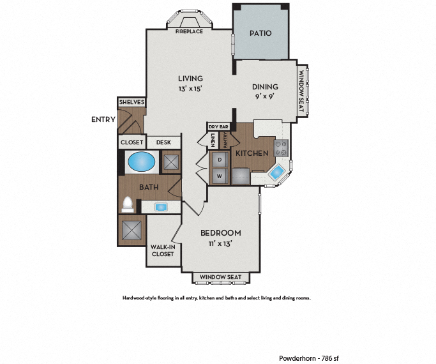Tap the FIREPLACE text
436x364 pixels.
click(190, 31)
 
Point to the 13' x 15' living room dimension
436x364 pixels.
click(191, 89)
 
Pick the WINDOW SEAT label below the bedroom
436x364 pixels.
click(220, 277)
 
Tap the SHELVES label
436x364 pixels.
click(132, 102)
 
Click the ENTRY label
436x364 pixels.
click(103, 119)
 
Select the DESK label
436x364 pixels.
click(163, 142)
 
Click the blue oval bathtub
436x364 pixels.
click(142, 162)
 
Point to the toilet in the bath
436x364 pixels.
click(128, 204)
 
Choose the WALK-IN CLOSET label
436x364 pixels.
click(162, 250)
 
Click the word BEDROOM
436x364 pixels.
click(220, 232)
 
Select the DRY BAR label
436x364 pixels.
click(218, 127)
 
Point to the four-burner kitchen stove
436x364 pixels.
click(282, 149)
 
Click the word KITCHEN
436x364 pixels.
click(252, 154)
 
